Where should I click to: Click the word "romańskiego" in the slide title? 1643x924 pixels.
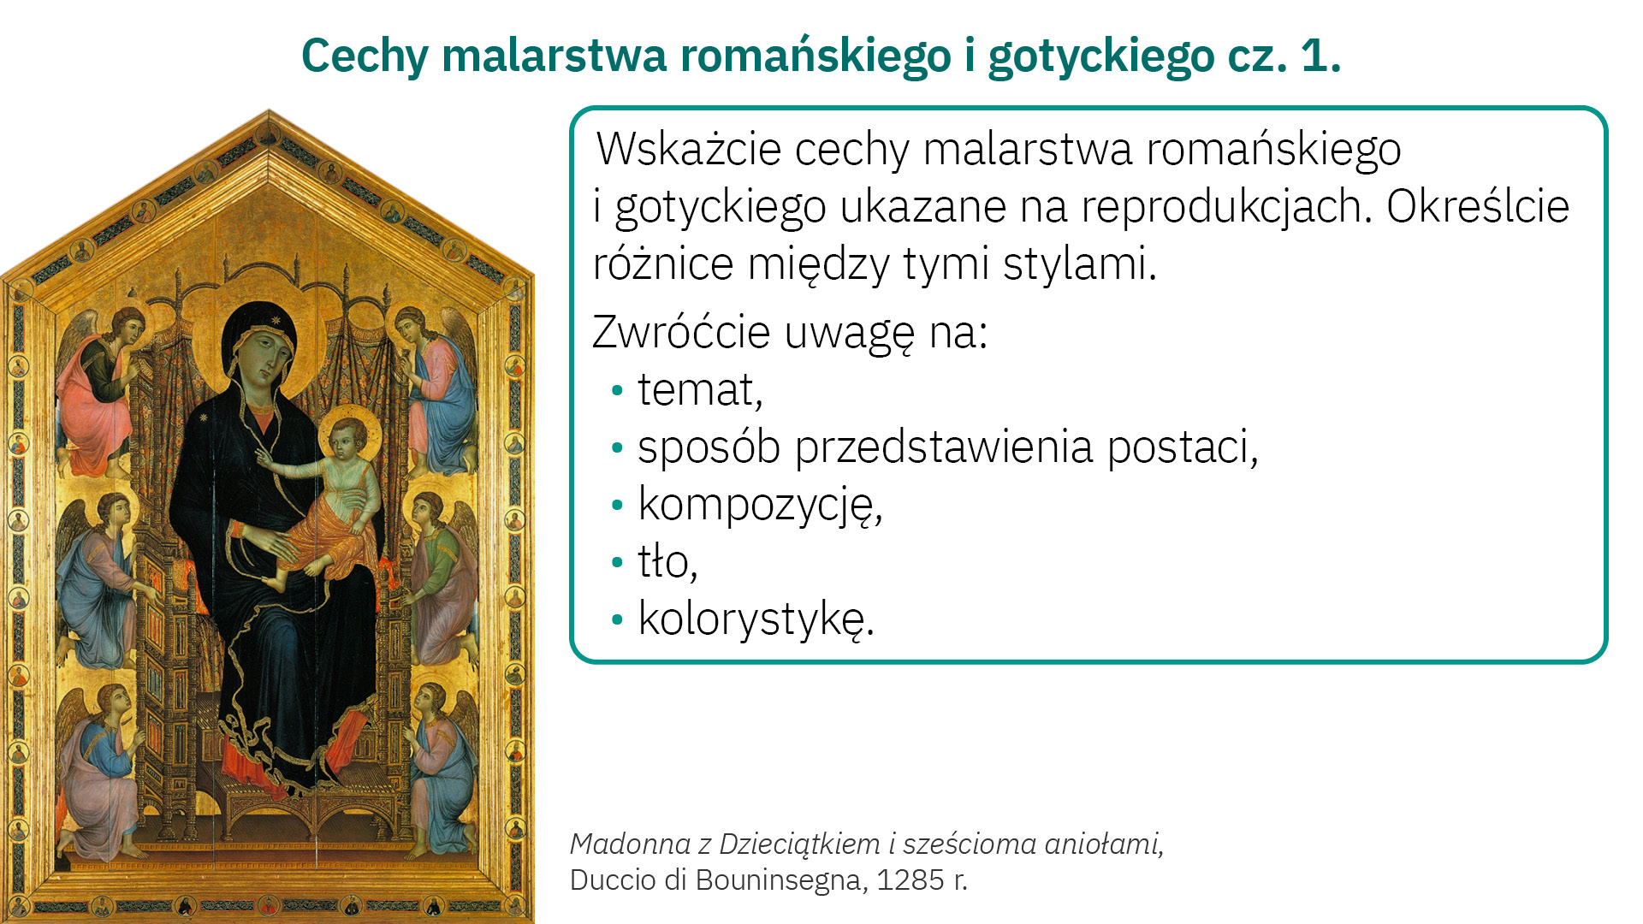click(816, 56)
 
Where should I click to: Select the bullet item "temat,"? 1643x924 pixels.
click(700, 390)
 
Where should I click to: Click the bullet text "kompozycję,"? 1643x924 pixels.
click(760, 505)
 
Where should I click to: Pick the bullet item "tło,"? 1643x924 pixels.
click(667, 562)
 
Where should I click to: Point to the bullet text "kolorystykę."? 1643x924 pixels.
click(756, 619)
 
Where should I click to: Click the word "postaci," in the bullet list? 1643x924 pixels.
click(1183, 447)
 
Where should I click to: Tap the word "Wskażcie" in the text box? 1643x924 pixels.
click(688, 149)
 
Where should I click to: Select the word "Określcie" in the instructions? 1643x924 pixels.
click(1478, 206)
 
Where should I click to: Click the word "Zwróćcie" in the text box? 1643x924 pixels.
click(681, 332)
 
